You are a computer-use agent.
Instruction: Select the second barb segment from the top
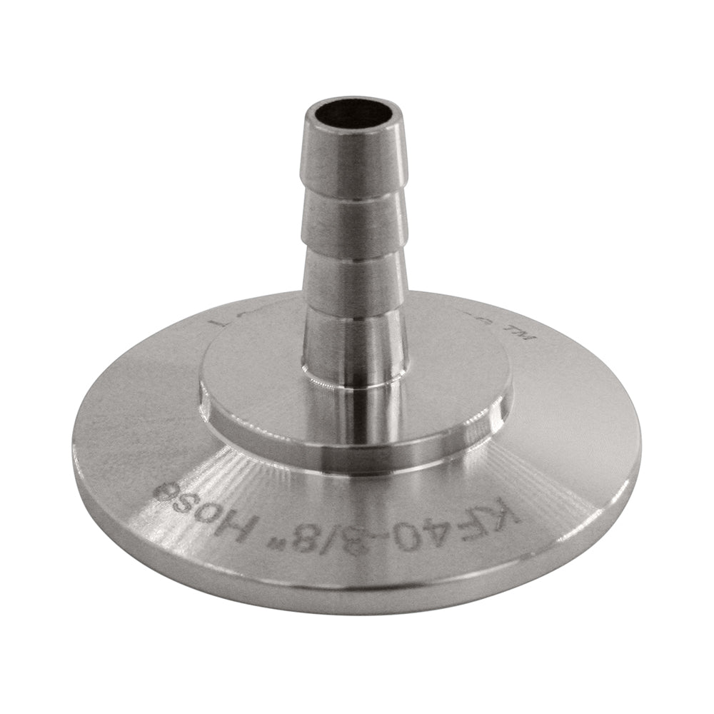[351, 221]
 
